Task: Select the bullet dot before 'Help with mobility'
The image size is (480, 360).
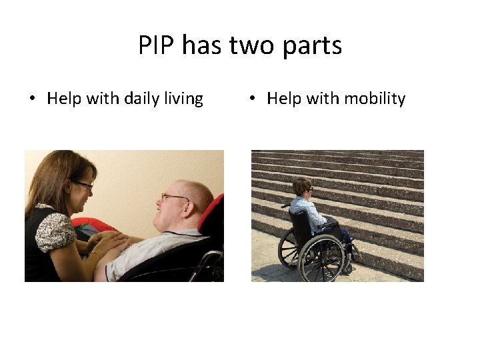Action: click(253, 99)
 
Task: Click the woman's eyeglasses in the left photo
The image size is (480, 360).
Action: click(83, 184)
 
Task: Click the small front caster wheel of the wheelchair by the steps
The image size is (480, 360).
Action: click(347, 269)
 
